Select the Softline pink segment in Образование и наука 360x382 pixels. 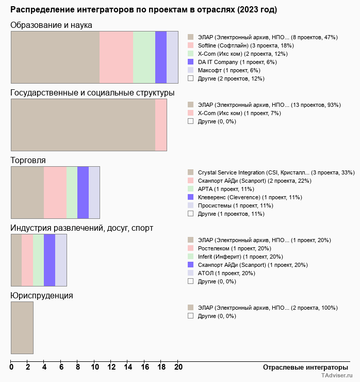[116, 57]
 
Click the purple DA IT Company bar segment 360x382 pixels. [161, 57]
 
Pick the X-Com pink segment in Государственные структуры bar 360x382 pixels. [161, 125]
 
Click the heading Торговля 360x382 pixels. [28, 161]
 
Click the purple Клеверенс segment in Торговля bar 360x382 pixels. [83, 193]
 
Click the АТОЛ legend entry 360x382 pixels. [226, 273]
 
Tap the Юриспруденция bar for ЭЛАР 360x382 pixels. [22, 328]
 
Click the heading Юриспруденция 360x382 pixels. [42, 296]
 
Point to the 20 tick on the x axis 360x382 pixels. [178, 368]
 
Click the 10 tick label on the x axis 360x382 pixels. [95, 368]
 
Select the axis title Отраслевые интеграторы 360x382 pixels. [302, 367]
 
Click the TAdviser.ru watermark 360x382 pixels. [336, 376]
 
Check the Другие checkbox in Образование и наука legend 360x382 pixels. [191, 78]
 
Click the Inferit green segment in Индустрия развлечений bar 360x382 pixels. [38, 260]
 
